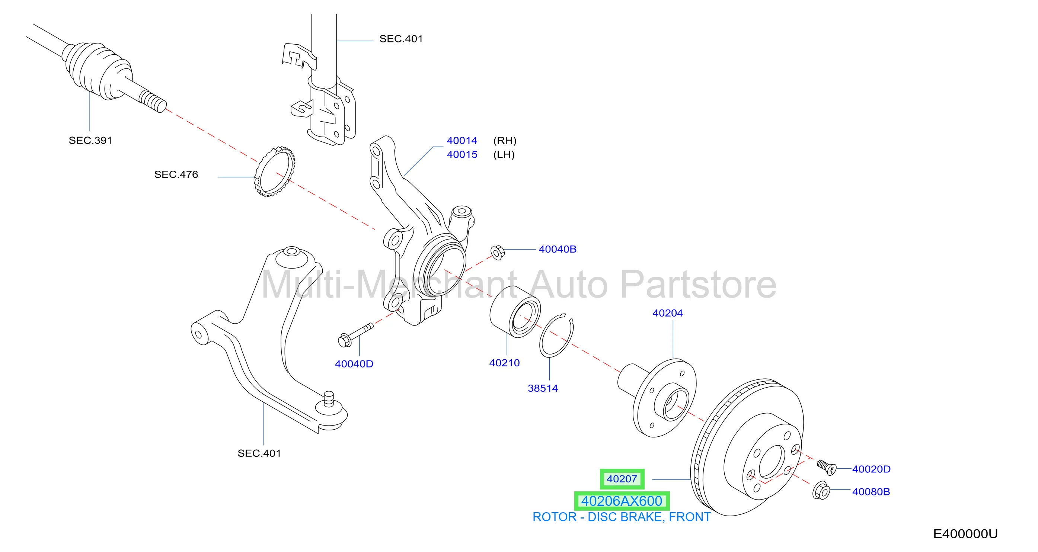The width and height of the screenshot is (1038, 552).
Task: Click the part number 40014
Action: click(462, 141)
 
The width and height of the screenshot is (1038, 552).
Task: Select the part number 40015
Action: click(462, 155)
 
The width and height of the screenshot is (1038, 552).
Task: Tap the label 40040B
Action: click(557, 249)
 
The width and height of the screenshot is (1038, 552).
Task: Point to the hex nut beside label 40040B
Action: click(498, 253)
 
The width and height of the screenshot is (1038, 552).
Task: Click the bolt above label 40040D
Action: click(355, 334)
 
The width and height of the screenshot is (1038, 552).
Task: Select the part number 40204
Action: click(667, 313)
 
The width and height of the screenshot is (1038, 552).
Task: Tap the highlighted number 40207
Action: click(622, 479)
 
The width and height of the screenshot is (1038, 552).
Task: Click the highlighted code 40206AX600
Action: click(622, 501)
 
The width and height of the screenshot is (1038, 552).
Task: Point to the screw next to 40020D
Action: click(827, 467)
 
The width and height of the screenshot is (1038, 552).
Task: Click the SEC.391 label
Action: click(90, 141)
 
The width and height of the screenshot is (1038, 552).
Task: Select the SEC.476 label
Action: click(176, 174)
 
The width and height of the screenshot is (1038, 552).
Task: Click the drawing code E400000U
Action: click(965, 534)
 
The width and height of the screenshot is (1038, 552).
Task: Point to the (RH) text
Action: click(505, 141)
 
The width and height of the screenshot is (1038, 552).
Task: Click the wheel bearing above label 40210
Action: click(515, 312)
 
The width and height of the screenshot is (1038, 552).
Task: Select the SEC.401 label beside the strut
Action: click(401, 39)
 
